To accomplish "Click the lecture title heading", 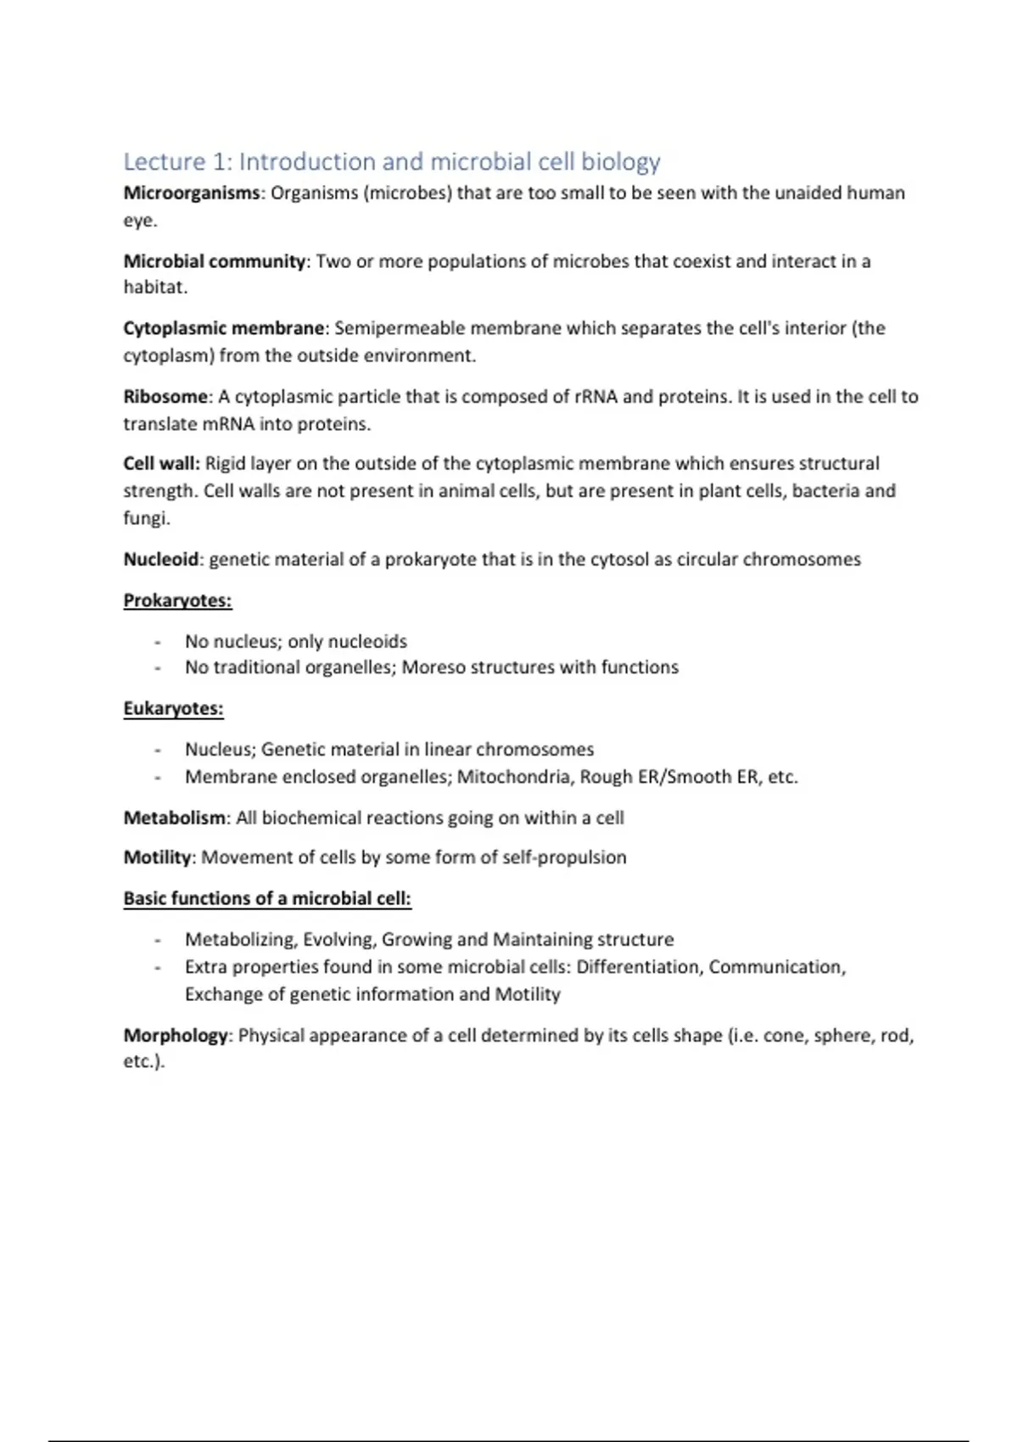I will [391, 161].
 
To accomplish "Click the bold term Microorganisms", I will [192, 193].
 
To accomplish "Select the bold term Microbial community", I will [214, 261].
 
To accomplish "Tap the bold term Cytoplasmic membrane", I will [224, 328].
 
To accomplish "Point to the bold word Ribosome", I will [165, 396].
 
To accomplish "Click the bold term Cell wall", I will [160, 464].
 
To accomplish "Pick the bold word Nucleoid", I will [161, 560].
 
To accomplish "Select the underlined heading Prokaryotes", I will [177, 601].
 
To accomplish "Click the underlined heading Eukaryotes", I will [173, 709].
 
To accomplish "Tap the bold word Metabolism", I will [175, 818].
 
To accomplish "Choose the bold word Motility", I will [158, 858].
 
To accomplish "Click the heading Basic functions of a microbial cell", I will [267, 898].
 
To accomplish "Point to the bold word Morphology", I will [176, 1036].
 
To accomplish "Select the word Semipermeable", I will [400, 328].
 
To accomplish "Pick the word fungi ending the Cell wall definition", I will [145, 518].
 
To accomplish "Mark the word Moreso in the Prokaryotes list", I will [433, 668].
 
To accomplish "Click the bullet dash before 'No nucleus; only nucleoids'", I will [158, 642].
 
